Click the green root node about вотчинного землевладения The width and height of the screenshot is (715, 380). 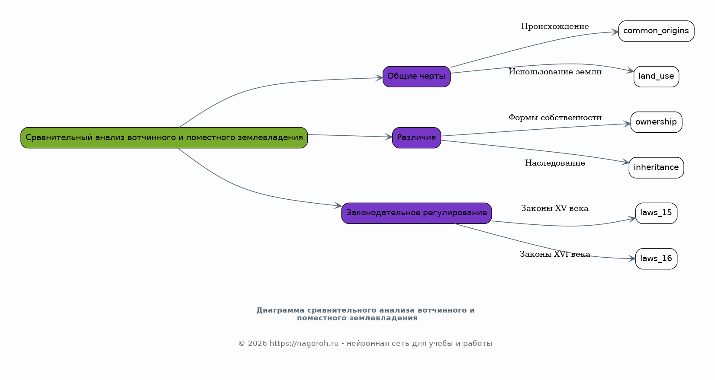tap(164, 138)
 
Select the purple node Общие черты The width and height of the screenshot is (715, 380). tap(416, 77)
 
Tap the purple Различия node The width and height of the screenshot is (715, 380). tap(416, 138)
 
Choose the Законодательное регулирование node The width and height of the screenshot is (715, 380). tap(416, 213)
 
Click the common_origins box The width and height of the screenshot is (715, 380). tap(656, 31)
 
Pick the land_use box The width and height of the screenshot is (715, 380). tap(656, 77)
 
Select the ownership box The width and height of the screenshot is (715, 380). tap(656, 122)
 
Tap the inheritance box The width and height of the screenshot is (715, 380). tap(656, 168)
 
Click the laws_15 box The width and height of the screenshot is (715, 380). tap(656, 213)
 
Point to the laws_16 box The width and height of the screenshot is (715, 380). tap(656, 259)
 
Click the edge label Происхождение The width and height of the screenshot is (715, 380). tap(555, 26)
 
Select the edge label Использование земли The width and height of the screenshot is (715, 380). tap(555, 72)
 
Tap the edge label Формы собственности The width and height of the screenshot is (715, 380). tap(555, 118)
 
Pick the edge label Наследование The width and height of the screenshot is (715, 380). tap(555, 163)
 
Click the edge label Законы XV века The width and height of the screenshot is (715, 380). tap(555, 208)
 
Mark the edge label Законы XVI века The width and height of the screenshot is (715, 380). tap(555, 254)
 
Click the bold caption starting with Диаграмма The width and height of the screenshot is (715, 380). tap(365, 314)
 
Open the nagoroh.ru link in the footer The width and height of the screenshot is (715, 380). tap(304, 344)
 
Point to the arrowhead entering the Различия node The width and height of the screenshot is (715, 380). tap(389, 137)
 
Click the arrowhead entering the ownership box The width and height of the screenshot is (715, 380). tap(627, 124)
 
